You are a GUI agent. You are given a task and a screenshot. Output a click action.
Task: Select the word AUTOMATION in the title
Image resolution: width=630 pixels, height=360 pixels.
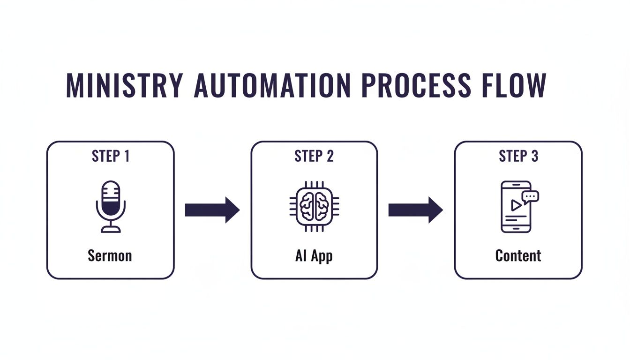272,85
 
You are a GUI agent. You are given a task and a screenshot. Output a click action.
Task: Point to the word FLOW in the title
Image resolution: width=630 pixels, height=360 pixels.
513,85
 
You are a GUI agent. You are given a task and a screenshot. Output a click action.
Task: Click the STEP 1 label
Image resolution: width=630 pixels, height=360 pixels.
110,156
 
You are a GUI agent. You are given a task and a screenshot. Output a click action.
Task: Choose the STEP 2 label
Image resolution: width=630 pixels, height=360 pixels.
314,156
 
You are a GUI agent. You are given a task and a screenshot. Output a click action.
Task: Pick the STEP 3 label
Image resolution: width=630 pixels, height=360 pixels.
518,156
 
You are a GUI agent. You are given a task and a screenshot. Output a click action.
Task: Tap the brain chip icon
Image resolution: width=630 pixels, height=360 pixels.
314,206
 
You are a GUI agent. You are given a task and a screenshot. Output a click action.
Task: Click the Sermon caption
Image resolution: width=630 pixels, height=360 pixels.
110,256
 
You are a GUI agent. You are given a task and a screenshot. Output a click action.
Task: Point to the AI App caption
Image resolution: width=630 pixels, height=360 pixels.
314,256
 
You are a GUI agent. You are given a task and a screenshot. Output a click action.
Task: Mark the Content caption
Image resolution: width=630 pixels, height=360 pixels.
518,256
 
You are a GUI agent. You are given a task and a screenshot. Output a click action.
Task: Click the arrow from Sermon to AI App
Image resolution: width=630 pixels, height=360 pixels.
212,210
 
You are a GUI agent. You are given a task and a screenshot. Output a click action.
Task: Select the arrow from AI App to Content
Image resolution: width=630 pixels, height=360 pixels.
416,210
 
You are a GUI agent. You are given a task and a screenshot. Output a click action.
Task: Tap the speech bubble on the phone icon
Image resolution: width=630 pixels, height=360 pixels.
531,196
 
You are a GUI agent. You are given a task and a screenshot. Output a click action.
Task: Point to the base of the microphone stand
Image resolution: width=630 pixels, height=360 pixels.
111,230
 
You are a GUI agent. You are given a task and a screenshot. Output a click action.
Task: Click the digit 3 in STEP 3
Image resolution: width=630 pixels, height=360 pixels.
534,156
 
